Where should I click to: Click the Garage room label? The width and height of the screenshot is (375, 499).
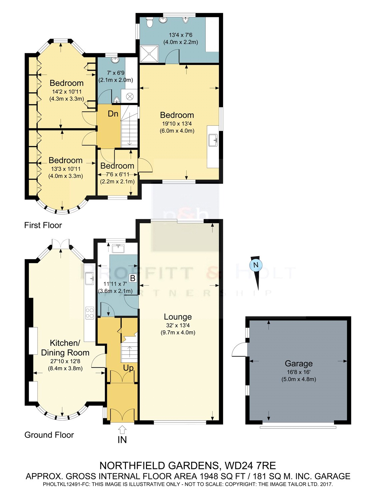tap(298, 364)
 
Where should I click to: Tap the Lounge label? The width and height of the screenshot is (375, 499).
tap(178, 317)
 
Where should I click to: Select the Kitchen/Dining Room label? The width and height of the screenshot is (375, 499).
tap(65, 348)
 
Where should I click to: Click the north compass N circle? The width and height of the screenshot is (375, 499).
tap(256, 265)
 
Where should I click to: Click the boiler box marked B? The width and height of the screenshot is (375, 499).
tap(133, 278)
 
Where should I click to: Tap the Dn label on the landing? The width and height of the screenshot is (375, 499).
tap(113, 114)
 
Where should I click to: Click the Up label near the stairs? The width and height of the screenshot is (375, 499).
tap(128, 368)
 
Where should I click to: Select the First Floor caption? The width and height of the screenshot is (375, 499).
tap(43, 225)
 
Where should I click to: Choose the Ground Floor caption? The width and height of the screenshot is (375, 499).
tap(49, 435)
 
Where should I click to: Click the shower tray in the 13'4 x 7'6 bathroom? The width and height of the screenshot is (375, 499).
tap(149, 54)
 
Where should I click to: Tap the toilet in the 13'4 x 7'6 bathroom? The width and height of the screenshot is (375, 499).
tap(149, 22)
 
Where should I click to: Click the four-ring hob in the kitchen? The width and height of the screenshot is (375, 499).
tap(90, 313)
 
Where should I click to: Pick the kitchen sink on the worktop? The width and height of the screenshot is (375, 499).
tap(90, 278)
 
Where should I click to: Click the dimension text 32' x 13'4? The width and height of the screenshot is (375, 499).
tap(178, 325)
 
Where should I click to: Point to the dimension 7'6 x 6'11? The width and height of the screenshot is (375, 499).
tap(117, 175)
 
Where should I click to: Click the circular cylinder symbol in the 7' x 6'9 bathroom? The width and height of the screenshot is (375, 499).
tap(130, 96)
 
